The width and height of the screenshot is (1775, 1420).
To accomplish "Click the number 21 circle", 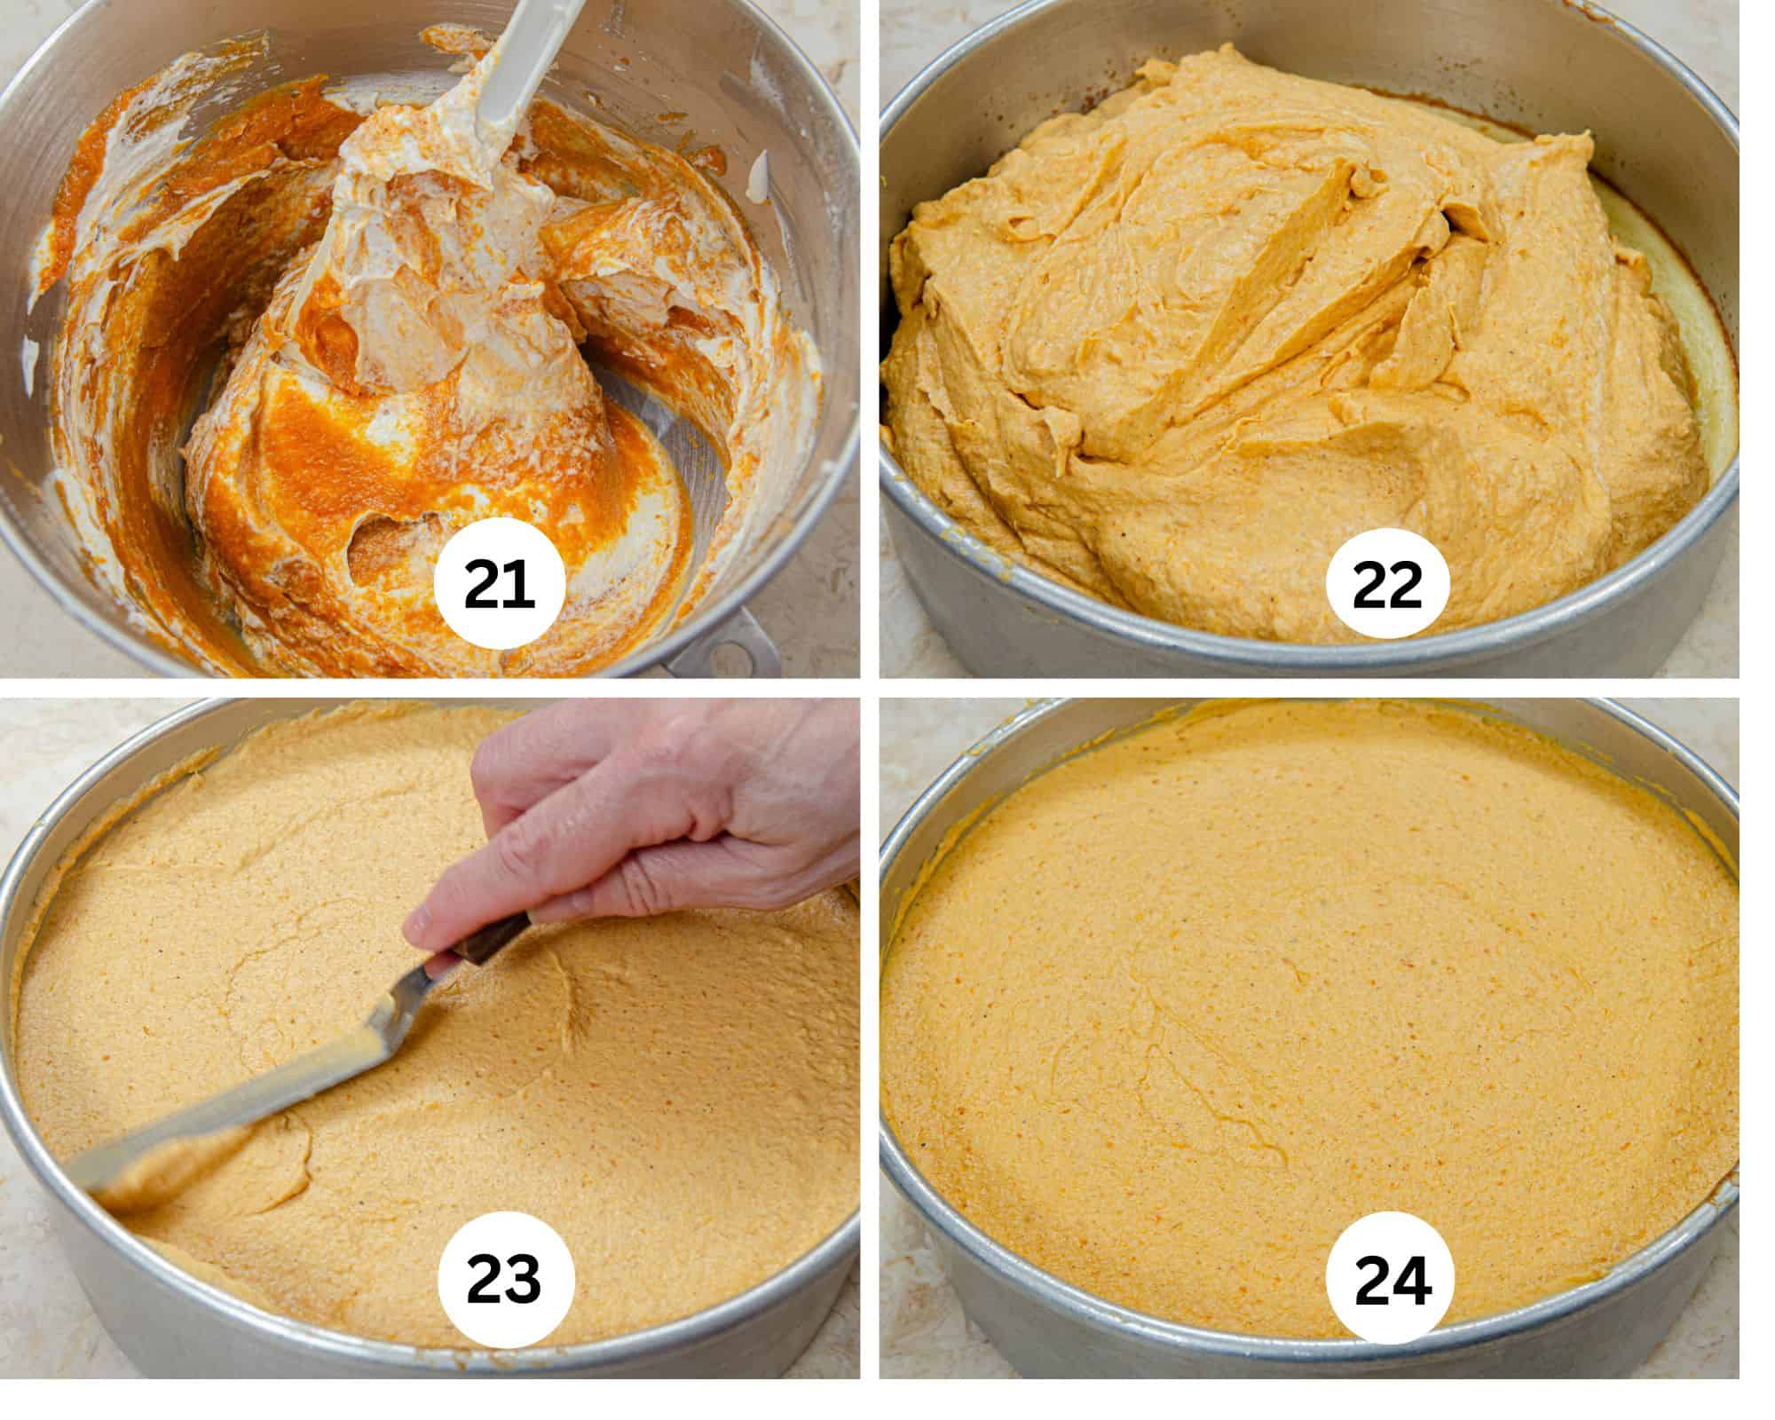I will pos(499,588).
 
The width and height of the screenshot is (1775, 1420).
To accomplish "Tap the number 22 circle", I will pos(1386,588).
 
